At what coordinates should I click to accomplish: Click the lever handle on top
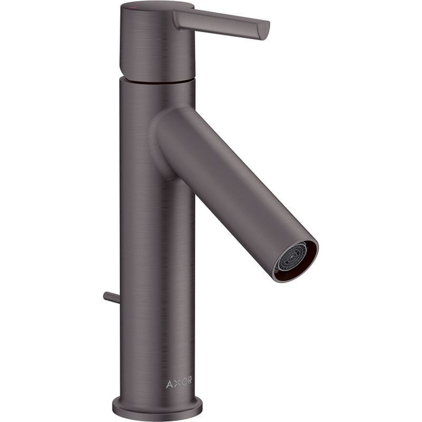[222, 21]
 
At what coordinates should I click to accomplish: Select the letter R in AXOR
[189, 382]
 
